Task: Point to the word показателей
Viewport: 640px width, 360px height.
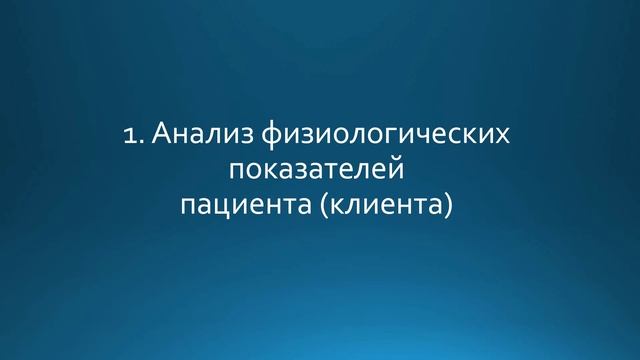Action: coord(320,171)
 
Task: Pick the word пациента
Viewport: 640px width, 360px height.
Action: coord(238,207)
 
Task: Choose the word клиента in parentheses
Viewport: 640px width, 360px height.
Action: coord(389,206)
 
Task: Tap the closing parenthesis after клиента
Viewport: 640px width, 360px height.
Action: coord(457,206)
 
